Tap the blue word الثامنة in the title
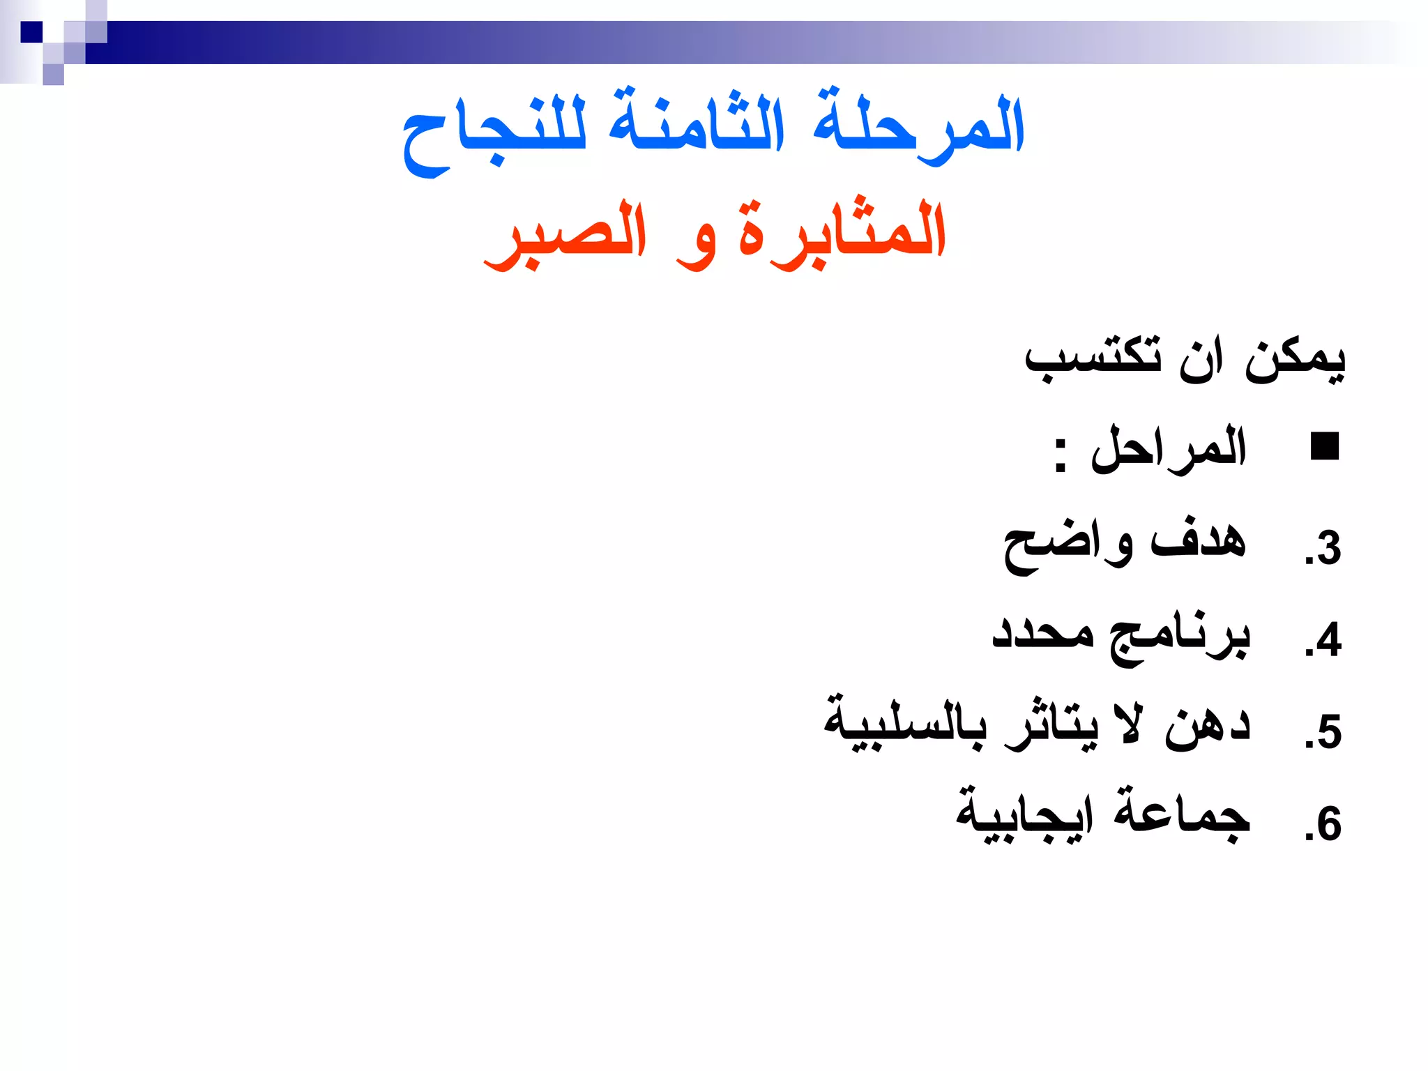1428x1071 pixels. [697, 122]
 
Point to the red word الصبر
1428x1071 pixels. [565, 234]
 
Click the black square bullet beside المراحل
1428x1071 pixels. [1324, 446]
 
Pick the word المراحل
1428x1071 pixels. [1169, 450]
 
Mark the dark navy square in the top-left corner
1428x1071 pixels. [31, 32]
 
